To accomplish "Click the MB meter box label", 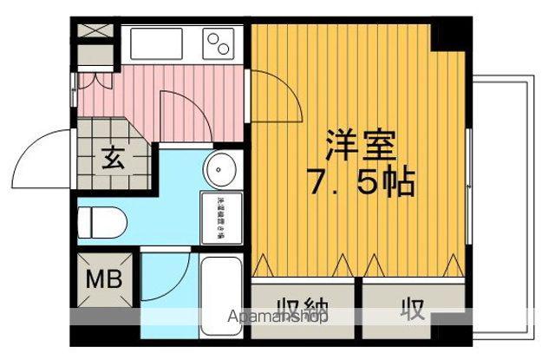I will coord(102,281).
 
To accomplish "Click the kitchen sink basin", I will coord(157,43).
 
